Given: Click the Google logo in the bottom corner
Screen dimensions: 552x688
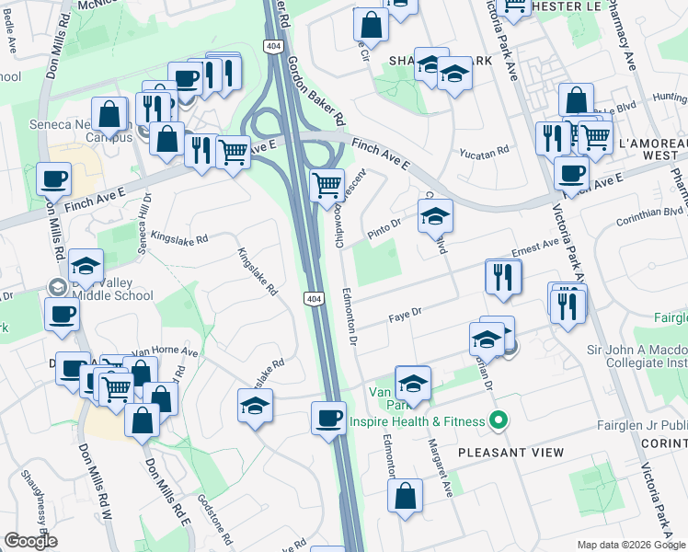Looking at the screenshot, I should point(30,541).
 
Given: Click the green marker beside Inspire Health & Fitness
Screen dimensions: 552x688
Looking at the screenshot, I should point(498,422).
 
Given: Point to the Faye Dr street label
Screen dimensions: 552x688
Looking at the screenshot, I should point(403,314).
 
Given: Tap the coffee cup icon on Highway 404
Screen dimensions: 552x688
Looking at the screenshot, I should point(328,418).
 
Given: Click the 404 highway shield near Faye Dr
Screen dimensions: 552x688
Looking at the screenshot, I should point(314,298).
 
